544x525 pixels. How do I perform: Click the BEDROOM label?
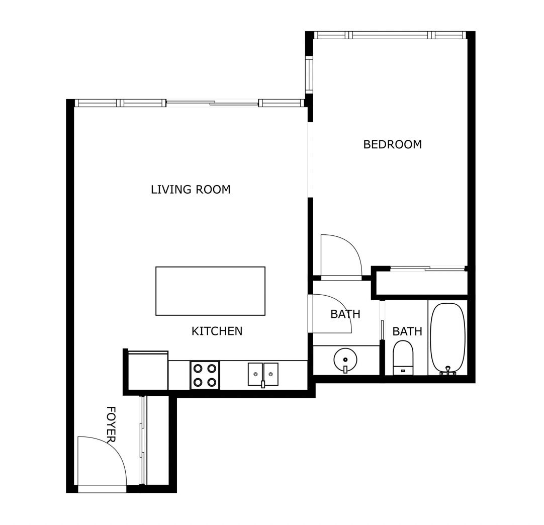[392, 144]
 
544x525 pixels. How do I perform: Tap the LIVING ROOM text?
[191, 190]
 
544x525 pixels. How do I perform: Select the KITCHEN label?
[217, 331]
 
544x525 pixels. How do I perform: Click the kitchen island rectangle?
[210, 291]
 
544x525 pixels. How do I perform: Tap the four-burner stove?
[205, 375]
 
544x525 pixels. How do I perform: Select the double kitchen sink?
[263, 374]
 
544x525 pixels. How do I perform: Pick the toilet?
[403, 357]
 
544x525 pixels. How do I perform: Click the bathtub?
[448, 337]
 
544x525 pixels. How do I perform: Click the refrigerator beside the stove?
[148, 371]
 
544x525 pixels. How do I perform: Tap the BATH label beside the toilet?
[407, 331]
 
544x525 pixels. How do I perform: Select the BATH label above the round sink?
[345, 314]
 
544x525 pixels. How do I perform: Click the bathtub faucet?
[447, 371]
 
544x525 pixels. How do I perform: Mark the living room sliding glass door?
[212, 103]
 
